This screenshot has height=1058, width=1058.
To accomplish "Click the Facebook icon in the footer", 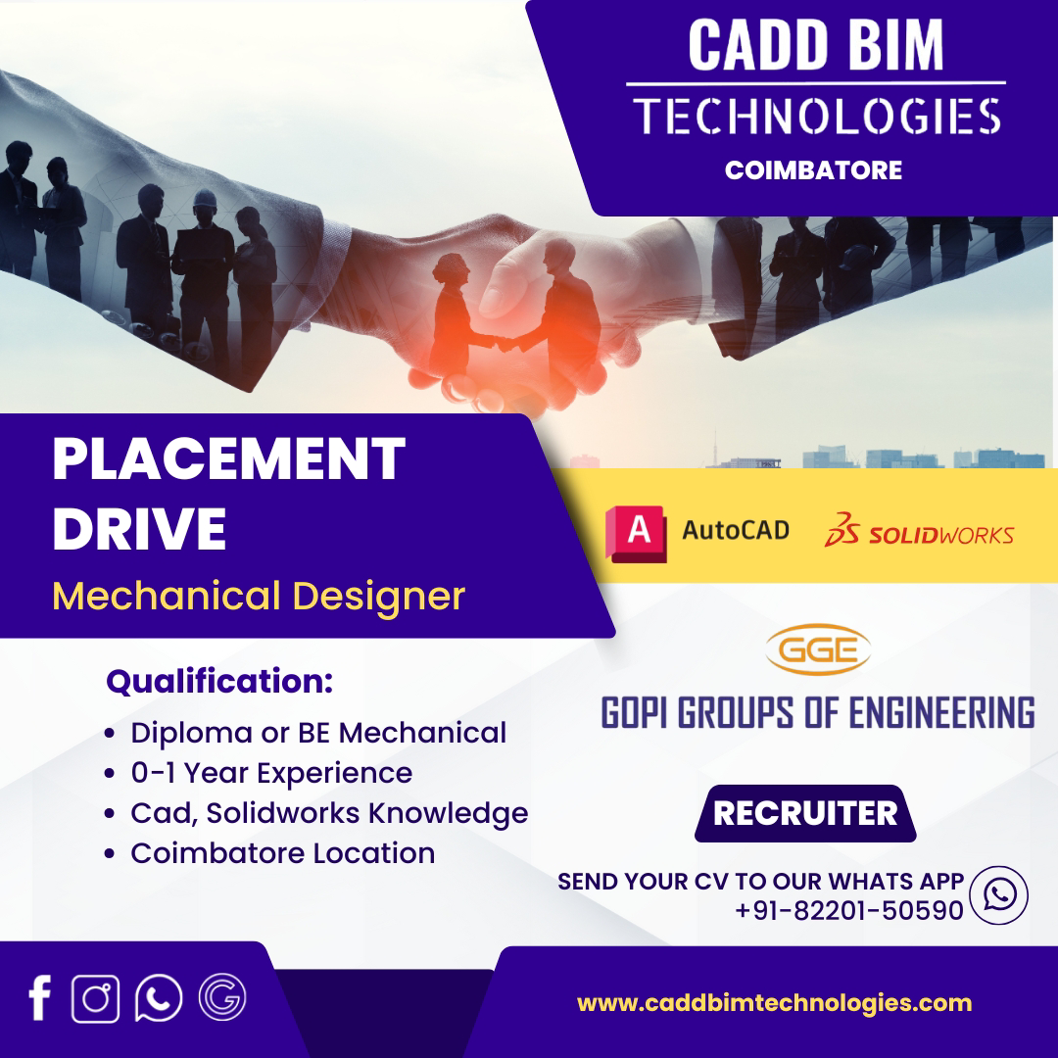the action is pyautogui.click(x=40, y=998).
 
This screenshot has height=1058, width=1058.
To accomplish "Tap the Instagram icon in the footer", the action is pyautogui.click(x=96, y=998).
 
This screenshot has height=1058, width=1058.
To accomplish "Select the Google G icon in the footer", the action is pyautogui.click(x=222, y=997).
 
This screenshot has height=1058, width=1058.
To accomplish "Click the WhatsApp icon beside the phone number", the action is pyautogui.click(x=998, y=895).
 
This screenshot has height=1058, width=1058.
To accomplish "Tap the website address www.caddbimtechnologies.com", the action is pyautogui.click(x=775, y=1003).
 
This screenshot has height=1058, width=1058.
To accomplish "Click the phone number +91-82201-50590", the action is pyautogui.click(x=848, y=910).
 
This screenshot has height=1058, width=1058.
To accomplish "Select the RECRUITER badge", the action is pyautogui.click(x=805, y=813).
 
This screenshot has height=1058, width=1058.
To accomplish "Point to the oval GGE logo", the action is pyautogui.click(x=818, y=649).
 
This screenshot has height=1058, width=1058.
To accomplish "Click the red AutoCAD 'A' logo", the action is pyautogui.click(x=637, y=533).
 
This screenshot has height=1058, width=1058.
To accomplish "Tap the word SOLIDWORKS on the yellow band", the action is pyautogui.click(x=940, y=536).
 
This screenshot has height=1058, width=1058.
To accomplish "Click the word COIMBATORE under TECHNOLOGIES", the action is pyautogui.click(x=813, y=170).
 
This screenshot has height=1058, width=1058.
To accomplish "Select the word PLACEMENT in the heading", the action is pyautogui.click(x=228, y=458).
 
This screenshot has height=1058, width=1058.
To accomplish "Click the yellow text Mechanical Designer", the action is pyautogui.click(x=259, y=597).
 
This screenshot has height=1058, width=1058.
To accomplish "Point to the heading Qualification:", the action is pyautogui.click(x=219, y=681).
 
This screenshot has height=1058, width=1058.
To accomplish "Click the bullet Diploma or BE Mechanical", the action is pyautogui.click(x=317, y=733).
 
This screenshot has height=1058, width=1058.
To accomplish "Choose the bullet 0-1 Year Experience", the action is pyautogui.click(x=271, y=773).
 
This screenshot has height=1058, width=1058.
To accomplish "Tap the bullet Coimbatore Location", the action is pyautogui.click(x=283, y=853).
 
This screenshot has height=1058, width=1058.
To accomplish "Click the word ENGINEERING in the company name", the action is pyautogui.click(x=941, y=713).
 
